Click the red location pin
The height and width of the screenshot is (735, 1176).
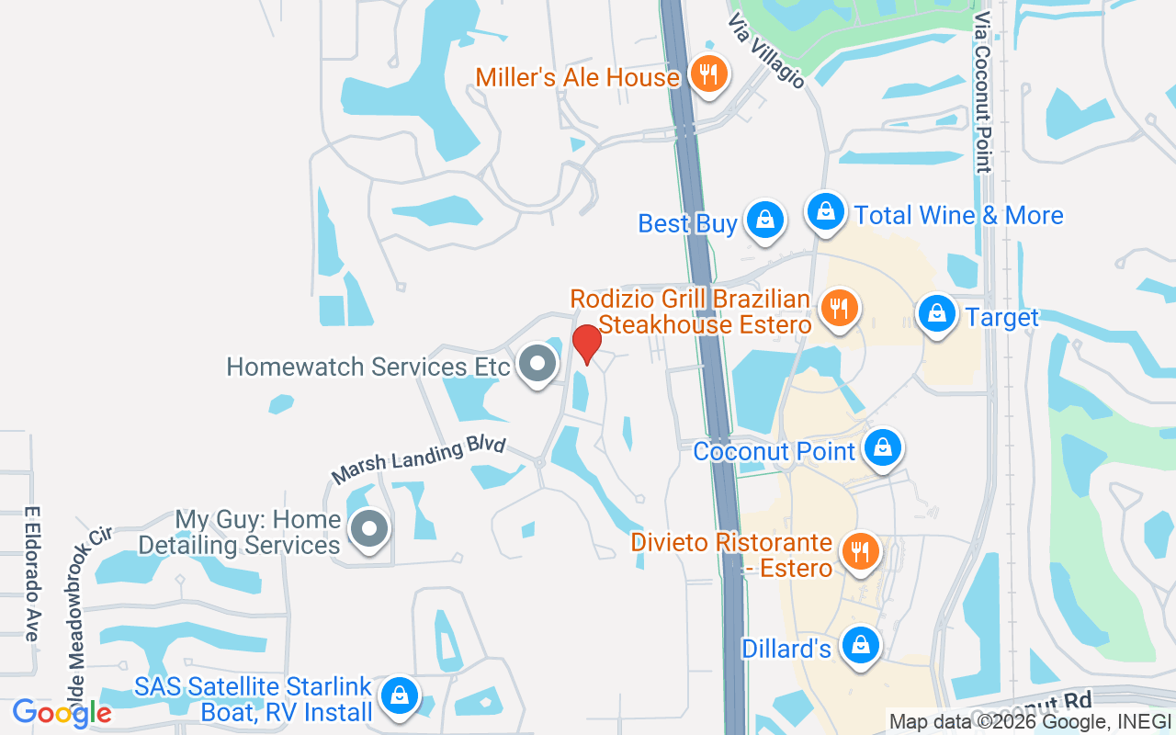click(587, 345)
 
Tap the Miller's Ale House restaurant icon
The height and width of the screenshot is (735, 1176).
click(707, 75)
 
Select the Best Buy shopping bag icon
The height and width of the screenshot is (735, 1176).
click(763, 220)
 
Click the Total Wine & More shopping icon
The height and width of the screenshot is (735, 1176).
click(826, 212)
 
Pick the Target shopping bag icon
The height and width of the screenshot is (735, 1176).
click(936, 315)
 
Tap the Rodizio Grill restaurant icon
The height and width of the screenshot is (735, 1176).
click(838, 309)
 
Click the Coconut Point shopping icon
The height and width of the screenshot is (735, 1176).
click(883, 448)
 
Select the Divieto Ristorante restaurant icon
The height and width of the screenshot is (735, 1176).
click(860, 552)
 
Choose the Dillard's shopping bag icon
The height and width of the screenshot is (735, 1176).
click(861, 646)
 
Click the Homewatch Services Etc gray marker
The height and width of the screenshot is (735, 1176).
click(537, 365)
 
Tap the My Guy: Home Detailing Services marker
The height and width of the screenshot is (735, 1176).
click(370, 529)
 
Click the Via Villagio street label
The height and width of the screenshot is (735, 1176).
click(766, 51)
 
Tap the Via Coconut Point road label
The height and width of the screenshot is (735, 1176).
click(983, 92)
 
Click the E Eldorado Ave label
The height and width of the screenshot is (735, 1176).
click(33, 574)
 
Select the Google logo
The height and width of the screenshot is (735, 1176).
click(62, 713)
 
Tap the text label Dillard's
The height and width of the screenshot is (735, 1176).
click(786, 650)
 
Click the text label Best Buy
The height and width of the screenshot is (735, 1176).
click(687, 223)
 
